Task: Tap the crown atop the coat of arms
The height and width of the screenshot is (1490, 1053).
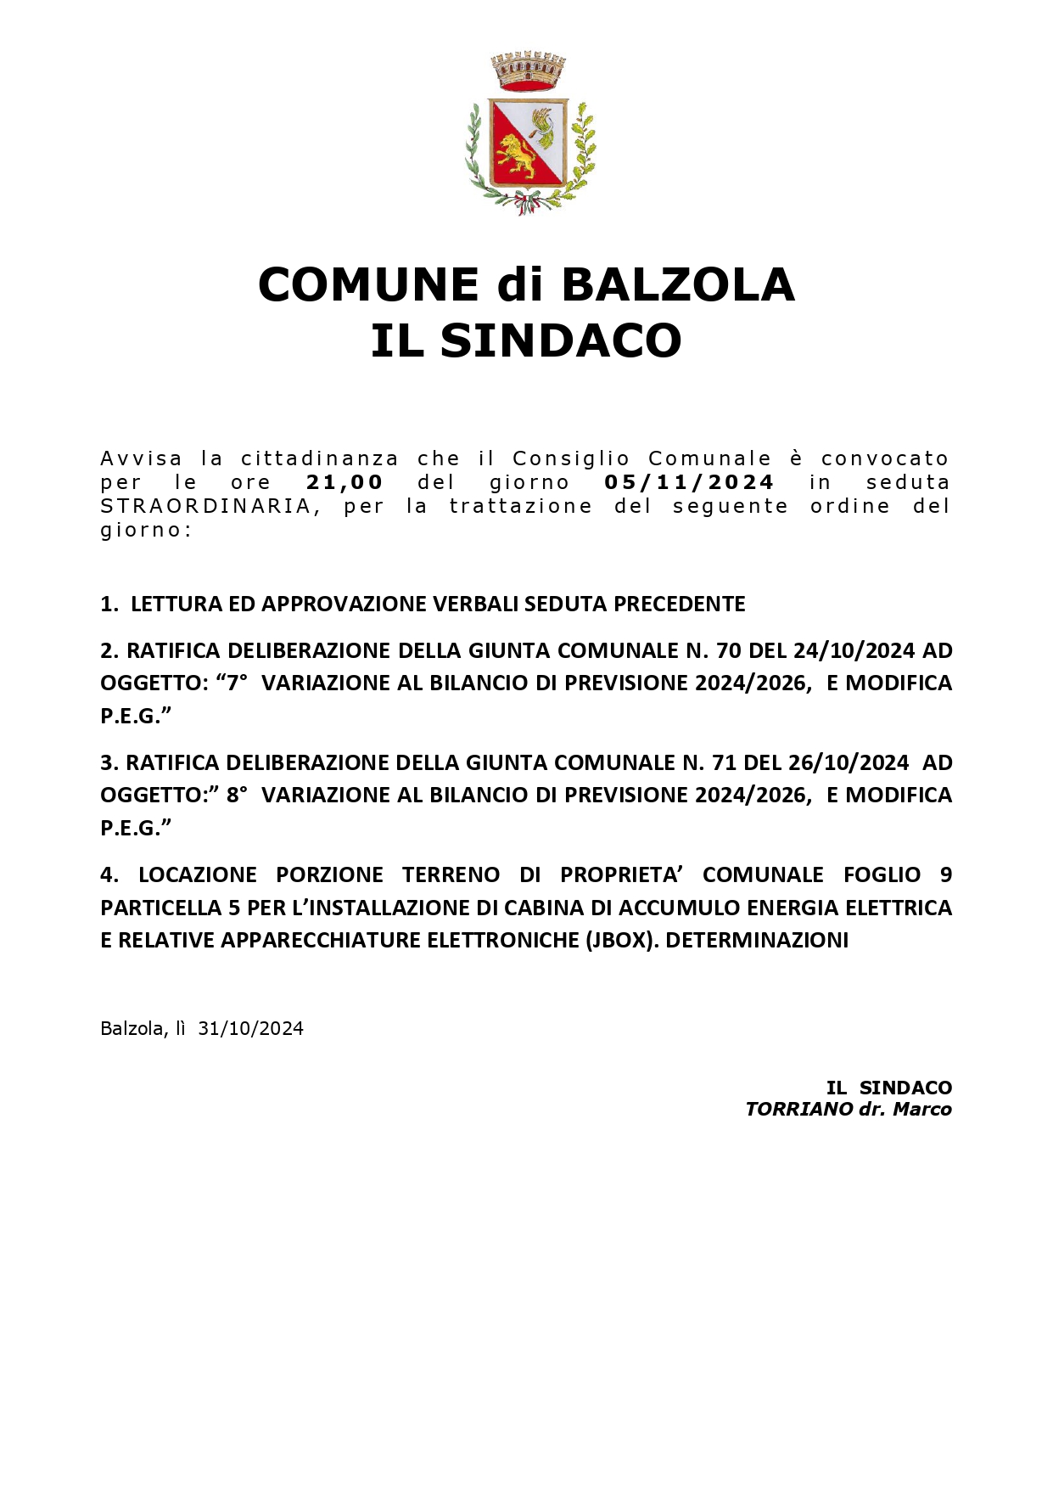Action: (528, 71)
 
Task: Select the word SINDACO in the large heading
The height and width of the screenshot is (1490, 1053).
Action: (561, 340)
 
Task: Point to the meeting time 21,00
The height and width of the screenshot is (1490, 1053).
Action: (344, 482)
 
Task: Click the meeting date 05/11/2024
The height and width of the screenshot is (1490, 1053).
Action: (689, 482)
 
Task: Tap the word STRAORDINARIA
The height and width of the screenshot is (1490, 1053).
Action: (205, 506)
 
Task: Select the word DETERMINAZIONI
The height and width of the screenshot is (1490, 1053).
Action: (757, 940)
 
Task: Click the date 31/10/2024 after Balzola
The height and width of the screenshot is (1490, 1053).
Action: (250, 1028)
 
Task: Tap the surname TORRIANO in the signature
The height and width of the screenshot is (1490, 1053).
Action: (798, 1109)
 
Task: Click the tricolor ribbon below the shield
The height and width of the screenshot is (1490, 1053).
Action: (528, 204)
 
